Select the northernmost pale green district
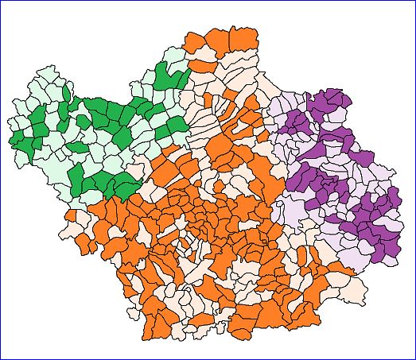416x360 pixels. point(170,55)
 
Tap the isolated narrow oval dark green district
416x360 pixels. point(79,148)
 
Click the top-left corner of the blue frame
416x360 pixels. point(1,1)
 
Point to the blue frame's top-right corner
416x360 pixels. point(414,1)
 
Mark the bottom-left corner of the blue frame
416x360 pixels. point(1,358)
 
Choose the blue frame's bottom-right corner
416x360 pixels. point(414,358)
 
